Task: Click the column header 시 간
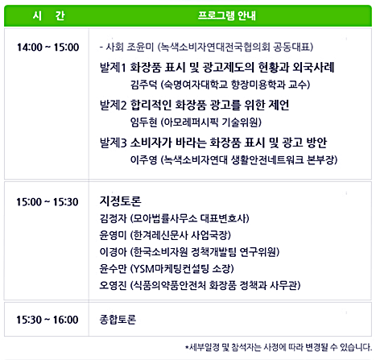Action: tap(48, 15)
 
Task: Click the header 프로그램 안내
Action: tap(227, 15)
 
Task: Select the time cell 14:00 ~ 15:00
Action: tap(48, 48)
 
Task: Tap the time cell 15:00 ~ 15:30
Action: tap(48, 202)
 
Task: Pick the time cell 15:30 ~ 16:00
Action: tap(48, 320)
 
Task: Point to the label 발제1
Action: tap(113, 67)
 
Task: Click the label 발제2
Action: tap(113, 105)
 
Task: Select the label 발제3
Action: tap(113, 143)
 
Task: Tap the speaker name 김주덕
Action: tap(143, 85)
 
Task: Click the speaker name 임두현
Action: tap(143, 122)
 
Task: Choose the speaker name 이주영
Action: tap(143, 159)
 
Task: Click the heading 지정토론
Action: tap(120, 201)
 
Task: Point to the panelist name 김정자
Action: tap(113, 218)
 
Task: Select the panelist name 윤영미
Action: tap(113, 235)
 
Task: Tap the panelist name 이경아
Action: tap(113, 251)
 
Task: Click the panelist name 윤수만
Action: tap(113, 268)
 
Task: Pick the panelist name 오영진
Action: tap(113, 285)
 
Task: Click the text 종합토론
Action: tap(118, 320)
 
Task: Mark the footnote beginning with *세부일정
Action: tap(279, 347)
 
